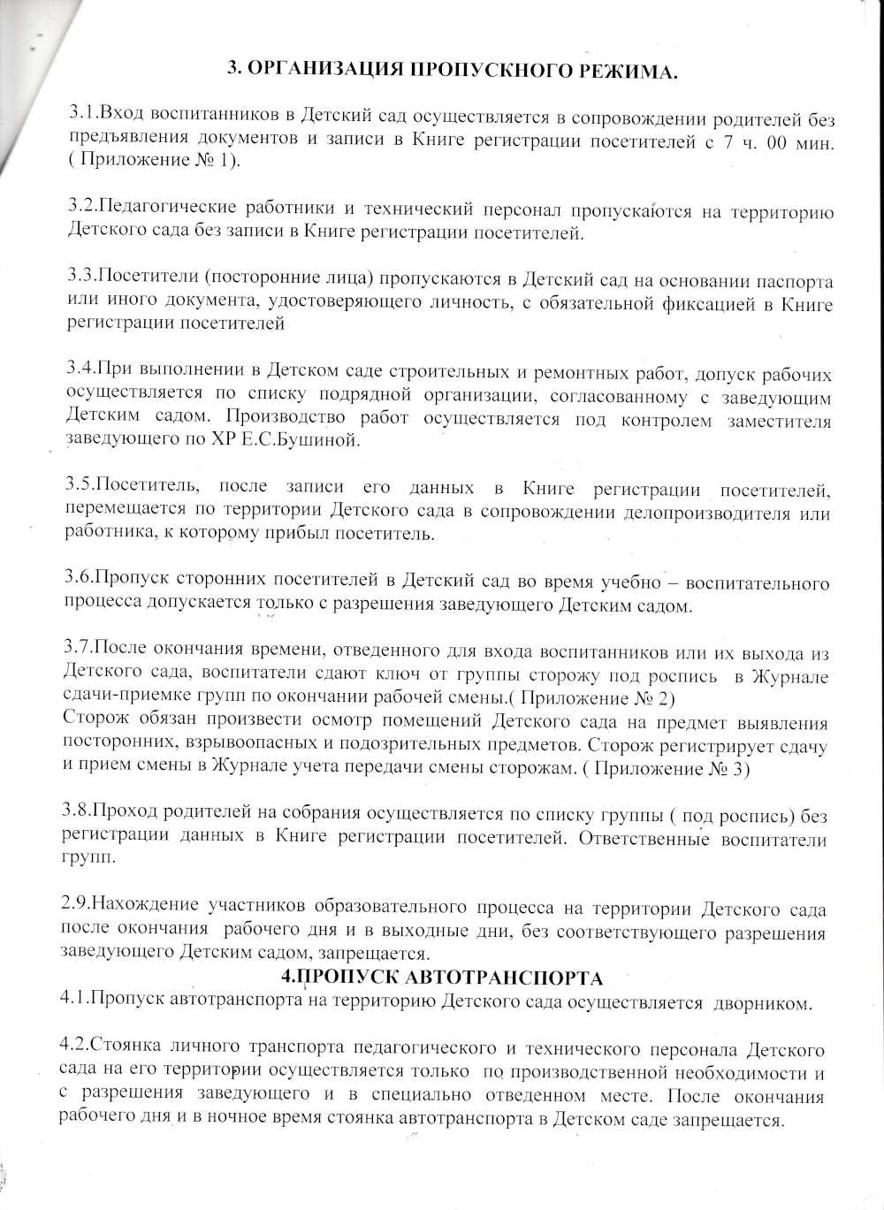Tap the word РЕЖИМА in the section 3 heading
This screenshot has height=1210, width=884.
(619, 72)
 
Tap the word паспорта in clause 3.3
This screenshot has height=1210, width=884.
(797, 281)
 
